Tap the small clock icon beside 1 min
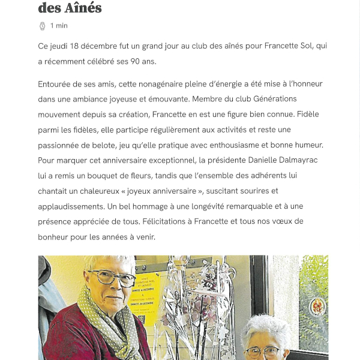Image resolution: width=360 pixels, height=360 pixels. pyautogui.click(x=42, y=26)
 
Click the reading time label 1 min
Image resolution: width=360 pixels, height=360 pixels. pyautogui.click(x=59, y=26)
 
